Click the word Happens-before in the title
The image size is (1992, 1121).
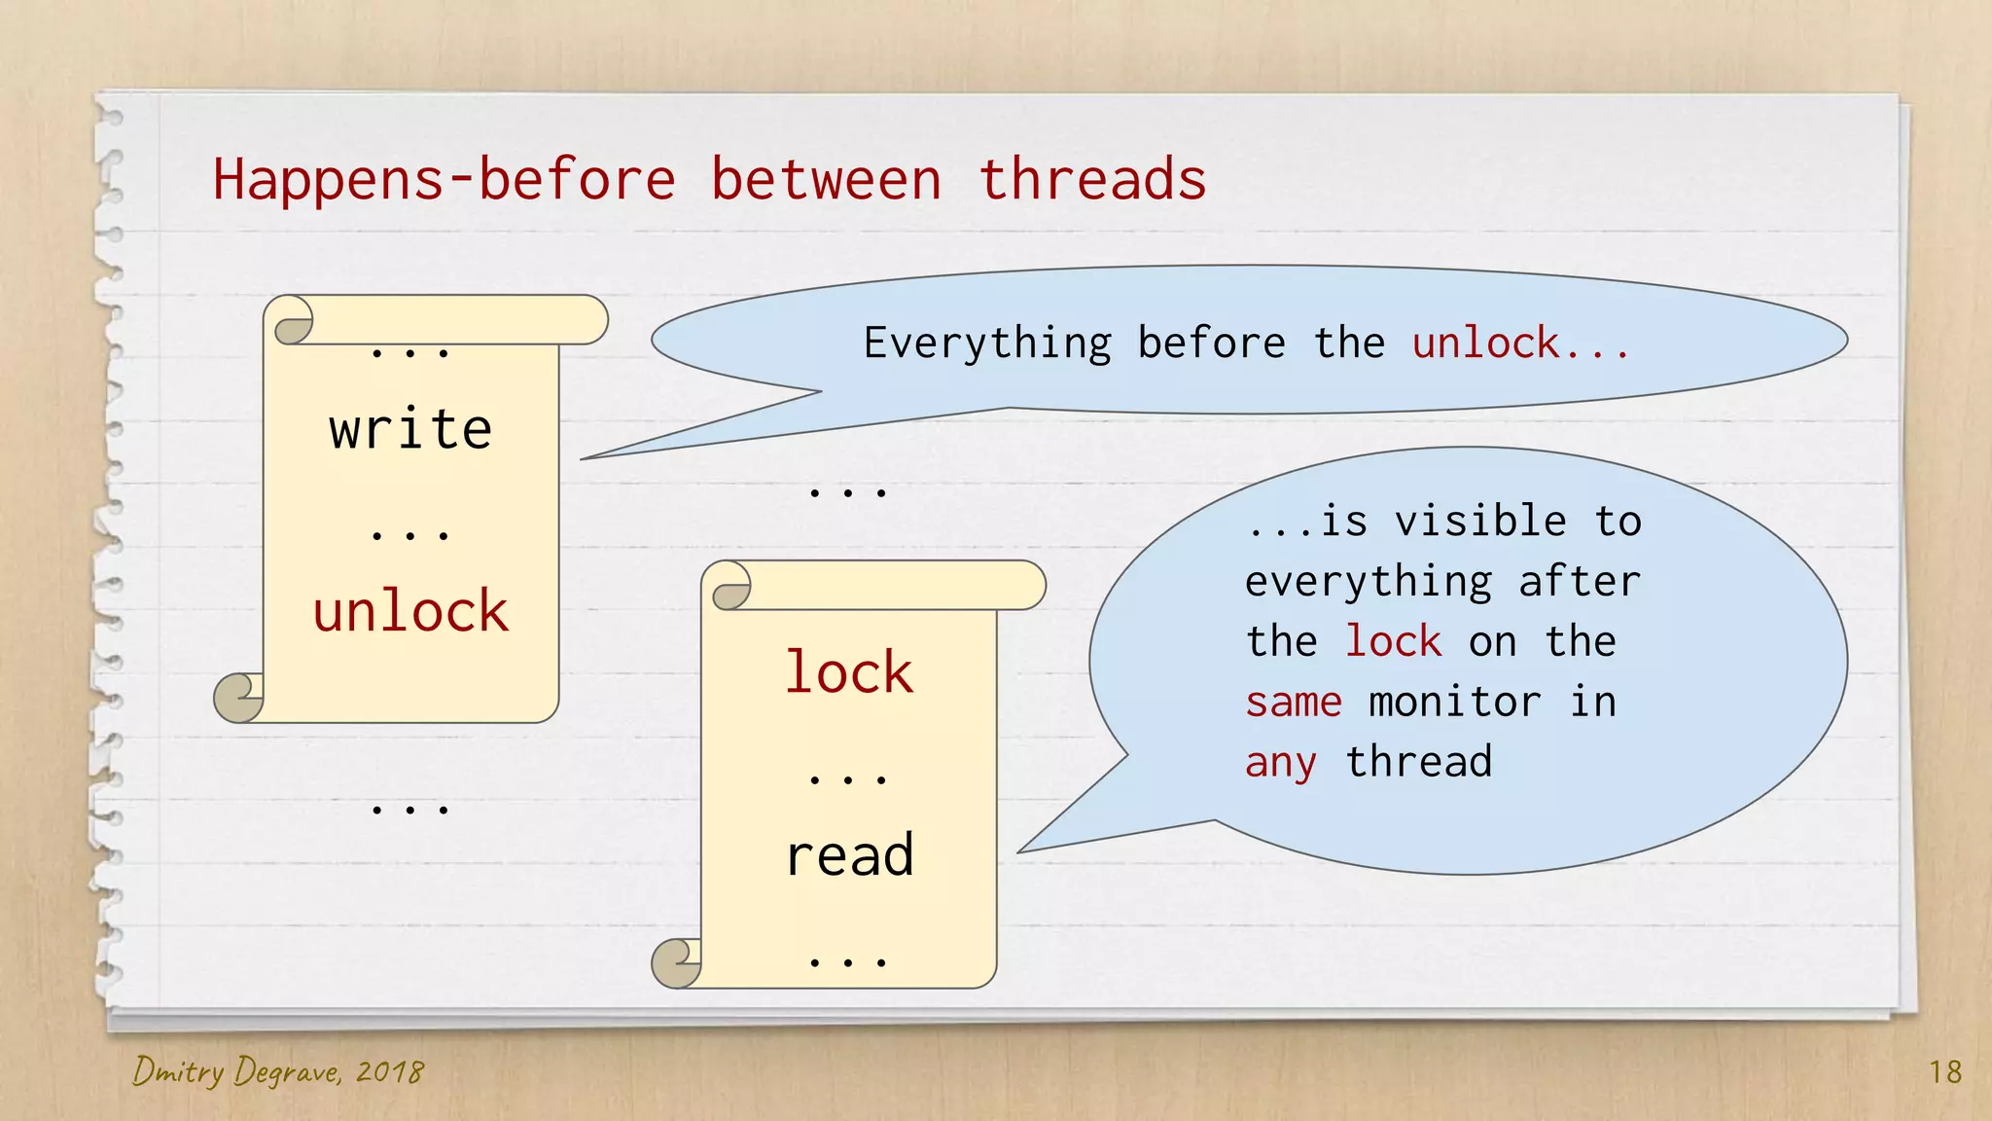[x=444, y=180]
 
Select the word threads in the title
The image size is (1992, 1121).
[x=1092, y=180]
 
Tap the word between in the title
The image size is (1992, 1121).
[x=826, y=180]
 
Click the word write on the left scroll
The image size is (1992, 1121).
[x=410, y=429]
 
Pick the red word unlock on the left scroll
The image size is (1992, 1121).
[x=410, y=612]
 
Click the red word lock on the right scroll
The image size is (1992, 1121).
[x=849, y=672]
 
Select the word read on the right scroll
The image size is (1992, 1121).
[x=849, y=855]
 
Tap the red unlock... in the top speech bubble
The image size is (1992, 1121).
[x=1520, y=344]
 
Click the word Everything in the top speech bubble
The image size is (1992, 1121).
[x=987, y=344]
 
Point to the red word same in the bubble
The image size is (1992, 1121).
[x=1294, y=702]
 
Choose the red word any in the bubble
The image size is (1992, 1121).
[x=1281, y=762]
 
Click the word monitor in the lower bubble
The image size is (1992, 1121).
[x=1454, y=702]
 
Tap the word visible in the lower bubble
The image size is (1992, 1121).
[x=1480, y=522]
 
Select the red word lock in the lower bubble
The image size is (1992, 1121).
[x=1393, y=641]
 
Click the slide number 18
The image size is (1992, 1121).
[x=1945, y=1072]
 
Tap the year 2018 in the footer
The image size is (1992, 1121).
[x=389, y=1072]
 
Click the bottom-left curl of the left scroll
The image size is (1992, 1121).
[x=237, y=698]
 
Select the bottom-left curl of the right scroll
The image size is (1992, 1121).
[x=675, y=963]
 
